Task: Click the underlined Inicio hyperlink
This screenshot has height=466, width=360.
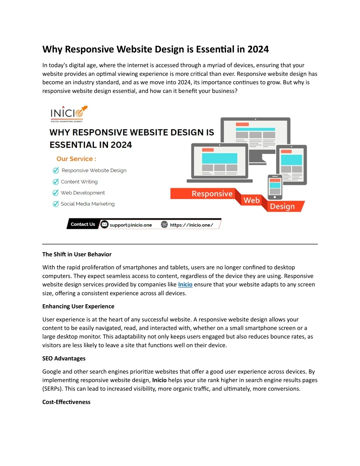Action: coord(185,285)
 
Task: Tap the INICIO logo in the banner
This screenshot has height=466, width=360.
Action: coord(69,114)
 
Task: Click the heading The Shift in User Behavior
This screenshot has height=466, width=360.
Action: coord(77,254)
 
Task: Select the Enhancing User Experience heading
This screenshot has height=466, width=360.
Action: coord(78,306)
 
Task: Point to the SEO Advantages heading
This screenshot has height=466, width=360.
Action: coord(64,358)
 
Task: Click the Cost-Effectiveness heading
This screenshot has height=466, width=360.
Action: coord(66,402)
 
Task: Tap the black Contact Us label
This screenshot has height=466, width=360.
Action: coord(83,224)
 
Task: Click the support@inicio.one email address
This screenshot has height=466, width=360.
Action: coord(130,225)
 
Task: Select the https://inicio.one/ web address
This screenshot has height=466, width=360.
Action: coord(191,225)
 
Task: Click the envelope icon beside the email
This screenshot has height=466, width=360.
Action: coord(104,224)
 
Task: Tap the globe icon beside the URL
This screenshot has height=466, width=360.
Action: coord(164,224)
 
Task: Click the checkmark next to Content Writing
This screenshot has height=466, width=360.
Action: coord(56,182)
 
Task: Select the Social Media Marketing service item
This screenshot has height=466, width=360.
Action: coord(87,204)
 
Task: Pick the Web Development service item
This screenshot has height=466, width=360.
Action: coord(83,193)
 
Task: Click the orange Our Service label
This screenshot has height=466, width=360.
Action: coord(76,159)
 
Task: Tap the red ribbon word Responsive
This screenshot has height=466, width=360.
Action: coord(212,194)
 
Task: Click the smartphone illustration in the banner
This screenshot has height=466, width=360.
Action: coord(275,187)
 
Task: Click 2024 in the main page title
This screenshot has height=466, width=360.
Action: coord(258,49)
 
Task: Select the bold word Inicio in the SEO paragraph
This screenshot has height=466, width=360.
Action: coord(159,380)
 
